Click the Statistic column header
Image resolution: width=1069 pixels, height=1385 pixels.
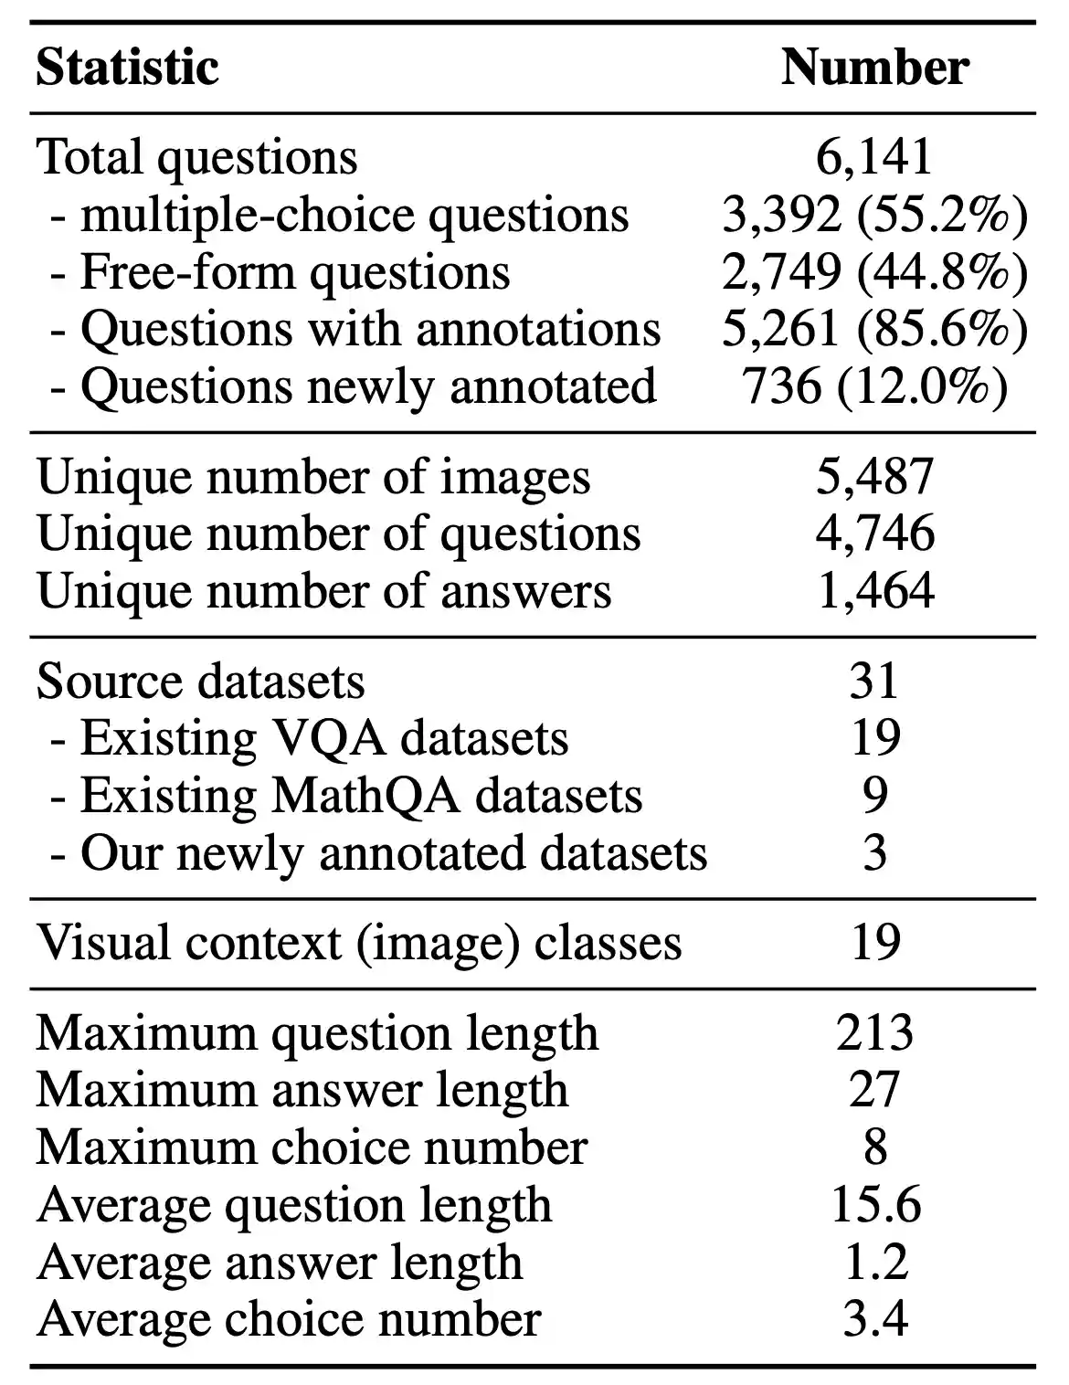pyautogui.click(x=127, y=68)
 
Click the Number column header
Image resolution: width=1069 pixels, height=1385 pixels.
pyautogui.click(x=874, y=68)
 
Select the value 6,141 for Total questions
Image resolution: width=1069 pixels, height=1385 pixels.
pyautogui.click(x=874, y=156)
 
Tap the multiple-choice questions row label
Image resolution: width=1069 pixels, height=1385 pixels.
pyautogui.click(x=339, y=215)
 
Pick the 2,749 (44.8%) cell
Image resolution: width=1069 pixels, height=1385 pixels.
pyautogui.click(x=874, y=271)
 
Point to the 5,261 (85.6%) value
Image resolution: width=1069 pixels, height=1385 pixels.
pyautogui.click(x=874, y=329)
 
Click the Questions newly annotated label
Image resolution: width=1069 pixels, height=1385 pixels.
pyautogui.click(x=353, y=386)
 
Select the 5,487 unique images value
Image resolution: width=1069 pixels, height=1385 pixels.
pyautogui.click(x=874, y=476)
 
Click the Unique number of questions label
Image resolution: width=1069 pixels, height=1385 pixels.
pyautogui.click(x=338, y=534)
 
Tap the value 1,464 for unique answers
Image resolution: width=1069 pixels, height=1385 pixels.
pyautogui.click(x=874, y=590)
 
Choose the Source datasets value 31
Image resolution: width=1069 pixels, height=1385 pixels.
pyautogui.click(x=874, y=681)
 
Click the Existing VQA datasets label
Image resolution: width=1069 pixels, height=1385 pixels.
pyautogui.click(x=310, y=738)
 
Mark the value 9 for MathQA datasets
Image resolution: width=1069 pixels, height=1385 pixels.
pyautogui.click(x=874, y=795)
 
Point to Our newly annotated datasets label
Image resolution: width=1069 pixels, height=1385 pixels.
pyautogui.click(x=378, y=852)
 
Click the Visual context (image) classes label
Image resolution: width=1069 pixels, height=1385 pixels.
pyautogui.click(x=359, y=943)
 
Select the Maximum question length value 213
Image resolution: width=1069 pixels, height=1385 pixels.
pyautogui.click(x=874, y=1032)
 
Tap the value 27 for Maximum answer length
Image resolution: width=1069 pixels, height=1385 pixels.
pyautogui.click(x=874, y=1090)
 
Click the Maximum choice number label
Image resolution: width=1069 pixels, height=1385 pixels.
pyautogui.click(x=312, y=1147)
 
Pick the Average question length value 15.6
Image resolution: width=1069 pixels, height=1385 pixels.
pyautogui.click(x=874, y=1204)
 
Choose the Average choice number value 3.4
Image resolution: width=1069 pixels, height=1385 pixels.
pyautogui.click(x=874, y=1318)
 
